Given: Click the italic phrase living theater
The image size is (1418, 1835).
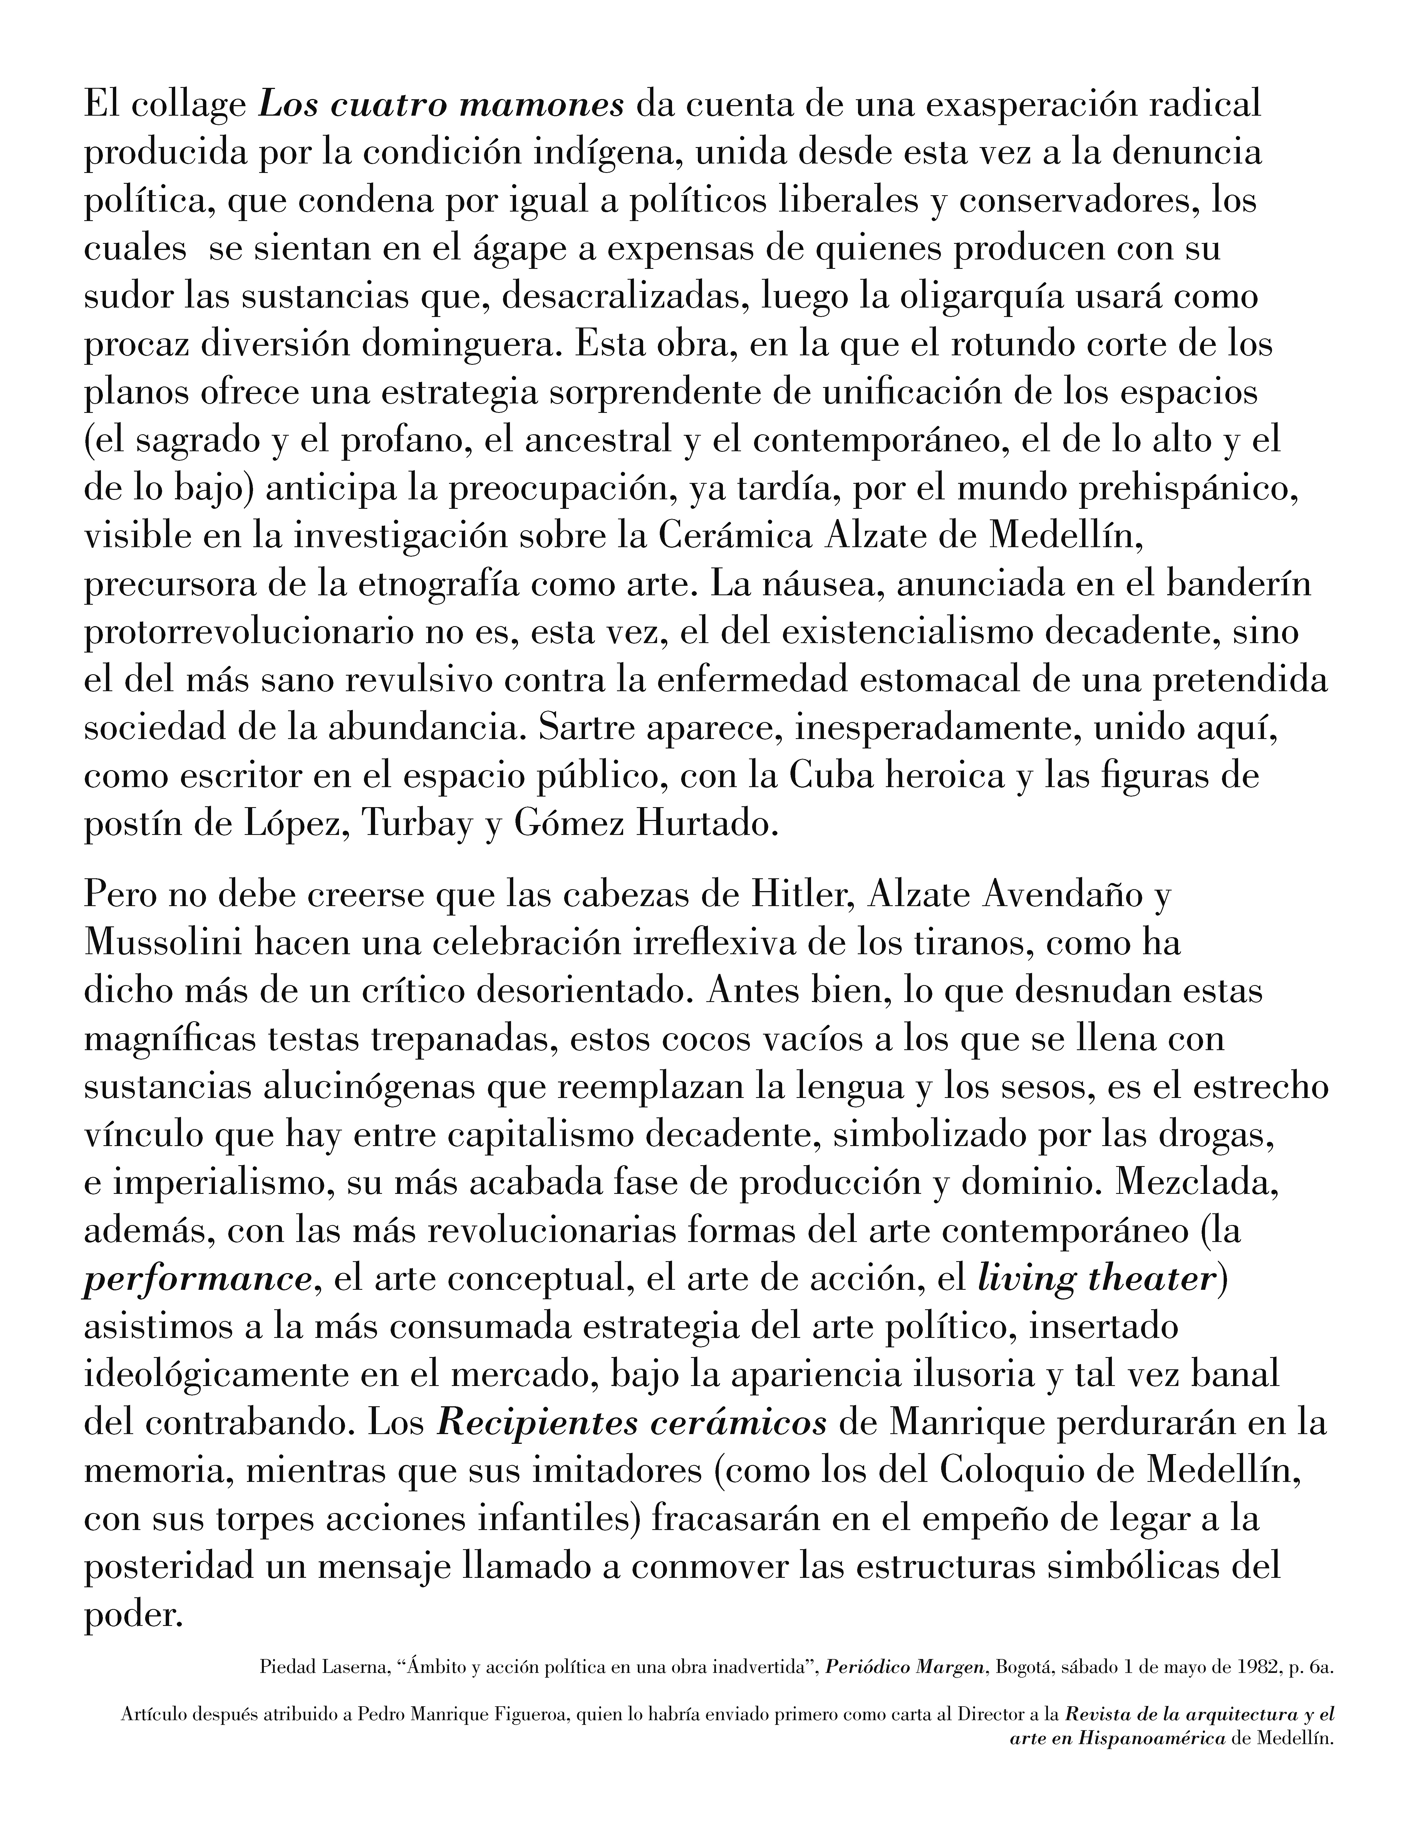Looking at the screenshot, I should tap(1096, 1280).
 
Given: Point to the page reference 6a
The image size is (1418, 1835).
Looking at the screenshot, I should tap(1322, 1668).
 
